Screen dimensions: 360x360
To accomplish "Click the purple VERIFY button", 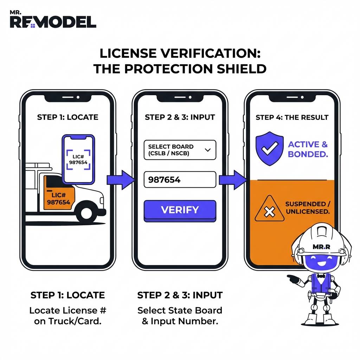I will tap(180, 210).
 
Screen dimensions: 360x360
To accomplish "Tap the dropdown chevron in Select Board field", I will tap(207, 150).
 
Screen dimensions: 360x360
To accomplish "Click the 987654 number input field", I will tap(180, 180).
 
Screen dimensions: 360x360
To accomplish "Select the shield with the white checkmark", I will tap(270, 149).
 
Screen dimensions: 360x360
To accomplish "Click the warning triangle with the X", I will tap(269, 210).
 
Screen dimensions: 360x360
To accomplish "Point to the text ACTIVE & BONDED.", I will tap(308, 149).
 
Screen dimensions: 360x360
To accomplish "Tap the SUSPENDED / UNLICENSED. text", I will tap(307, 208).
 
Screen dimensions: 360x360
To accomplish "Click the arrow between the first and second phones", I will tap(121, 180).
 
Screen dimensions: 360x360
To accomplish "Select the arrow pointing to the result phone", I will tap(232, 180).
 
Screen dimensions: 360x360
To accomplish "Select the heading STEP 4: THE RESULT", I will tap(292, 117).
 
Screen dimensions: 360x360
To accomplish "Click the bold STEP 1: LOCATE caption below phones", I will tap(67, 295).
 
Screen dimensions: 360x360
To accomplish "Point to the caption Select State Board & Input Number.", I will tap(180, 316).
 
